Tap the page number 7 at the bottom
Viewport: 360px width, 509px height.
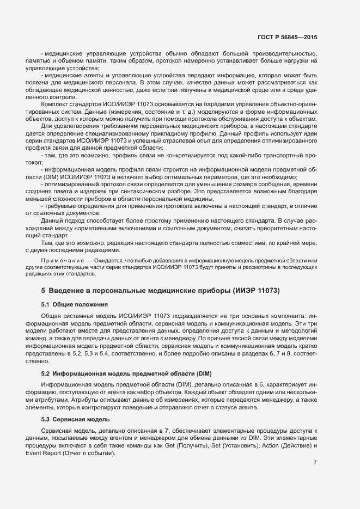[315, 462]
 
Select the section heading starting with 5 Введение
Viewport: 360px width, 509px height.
[161, 290]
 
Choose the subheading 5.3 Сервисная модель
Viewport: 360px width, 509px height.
[76, 419]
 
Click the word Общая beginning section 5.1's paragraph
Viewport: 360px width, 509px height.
[53, 317]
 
